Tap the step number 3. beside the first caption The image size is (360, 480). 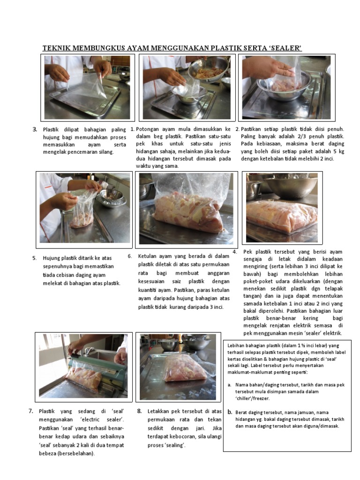[x=35, y=129]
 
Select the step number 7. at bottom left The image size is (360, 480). [x=31, y=411]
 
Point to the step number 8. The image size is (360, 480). [x=140, y=411]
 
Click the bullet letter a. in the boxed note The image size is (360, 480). [x=230, y=385]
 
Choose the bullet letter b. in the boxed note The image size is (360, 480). [x=230, y=412]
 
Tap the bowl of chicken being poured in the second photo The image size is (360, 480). [x=209, y=69]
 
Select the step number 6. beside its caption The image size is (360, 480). [x=130, y=256]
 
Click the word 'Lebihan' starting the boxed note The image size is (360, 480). [x=236, y=345]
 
